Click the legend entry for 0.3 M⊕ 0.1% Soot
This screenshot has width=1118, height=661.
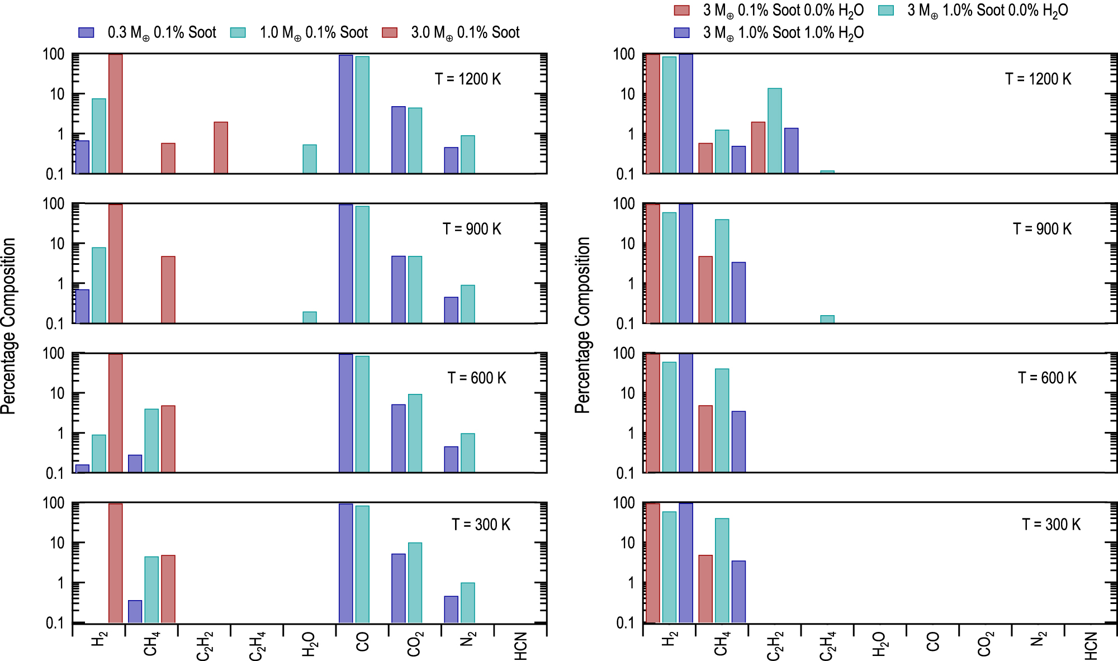tap(147, 32)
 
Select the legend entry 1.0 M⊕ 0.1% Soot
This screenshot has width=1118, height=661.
tap(299, 32)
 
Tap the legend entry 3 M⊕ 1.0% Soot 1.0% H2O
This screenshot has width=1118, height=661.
tap(769, 33)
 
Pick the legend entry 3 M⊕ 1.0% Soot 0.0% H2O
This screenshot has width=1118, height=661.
tap(973, 11)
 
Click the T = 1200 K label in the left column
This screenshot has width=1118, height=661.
tap(468, 79)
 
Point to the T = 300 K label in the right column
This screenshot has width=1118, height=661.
tap(1051, 525)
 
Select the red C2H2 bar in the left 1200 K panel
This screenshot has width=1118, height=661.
tap(221, 148)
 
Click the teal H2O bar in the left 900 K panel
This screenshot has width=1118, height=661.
tap(310, 317)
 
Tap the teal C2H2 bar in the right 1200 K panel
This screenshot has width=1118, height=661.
tap(775, 131)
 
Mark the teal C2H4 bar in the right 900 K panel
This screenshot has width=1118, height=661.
tap(827, 320)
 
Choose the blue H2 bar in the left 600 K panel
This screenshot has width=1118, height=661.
tap(82, 469)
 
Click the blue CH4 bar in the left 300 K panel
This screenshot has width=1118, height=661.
tap(135, 611)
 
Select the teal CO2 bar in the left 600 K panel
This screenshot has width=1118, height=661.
tap(415, 434)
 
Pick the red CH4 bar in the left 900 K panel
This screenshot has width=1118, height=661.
tap(168, 289)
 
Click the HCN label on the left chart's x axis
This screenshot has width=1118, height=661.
tap(520, 646)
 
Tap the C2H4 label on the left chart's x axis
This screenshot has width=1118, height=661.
tap(257, 646)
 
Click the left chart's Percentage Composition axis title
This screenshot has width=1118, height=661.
tap(8, 326)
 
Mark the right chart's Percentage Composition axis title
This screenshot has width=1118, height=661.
tap(582, 326)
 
